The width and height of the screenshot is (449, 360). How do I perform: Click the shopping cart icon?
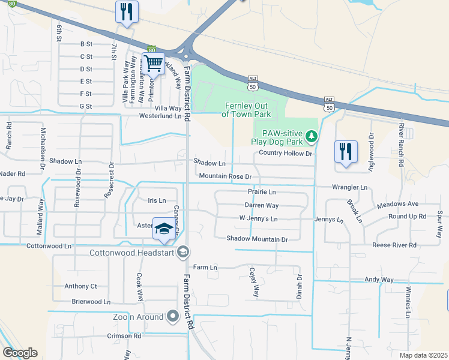154,63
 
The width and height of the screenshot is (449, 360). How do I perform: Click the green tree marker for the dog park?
311,137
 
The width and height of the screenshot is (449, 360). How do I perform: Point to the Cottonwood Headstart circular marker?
183,252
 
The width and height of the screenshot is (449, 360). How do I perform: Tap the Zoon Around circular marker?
173,316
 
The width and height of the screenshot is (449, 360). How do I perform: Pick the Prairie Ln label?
262,192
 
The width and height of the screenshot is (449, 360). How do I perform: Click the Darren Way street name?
262,206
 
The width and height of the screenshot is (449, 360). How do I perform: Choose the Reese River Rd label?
394,245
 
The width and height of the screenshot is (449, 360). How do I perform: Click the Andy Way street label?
379,280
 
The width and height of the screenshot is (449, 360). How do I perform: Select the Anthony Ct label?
80,286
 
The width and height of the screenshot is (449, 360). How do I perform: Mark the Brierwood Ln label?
91,302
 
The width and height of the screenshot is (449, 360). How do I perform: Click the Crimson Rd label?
124,336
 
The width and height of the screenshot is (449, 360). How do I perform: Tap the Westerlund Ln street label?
160,116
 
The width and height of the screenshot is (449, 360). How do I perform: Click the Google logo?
20,353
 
